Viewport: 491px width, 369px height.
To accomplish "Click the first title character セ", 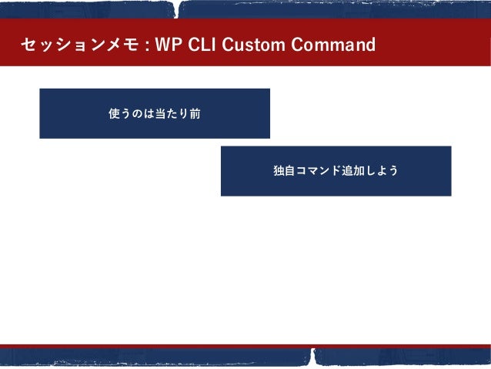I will (x=28, y=45).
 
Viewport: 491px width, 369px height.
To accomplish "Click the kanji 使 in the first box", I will (x=115, y=113).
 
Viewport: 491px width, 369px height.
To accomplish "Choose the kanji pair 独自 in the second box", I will (x=285, y=170).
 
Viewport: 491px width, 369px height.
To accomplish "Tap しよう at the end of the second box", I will (x=382, y=170).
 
